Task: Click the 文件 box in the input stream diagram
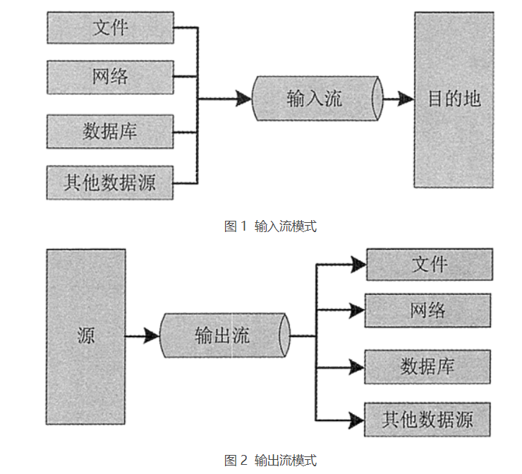pyautogui.click(x=110, y=28)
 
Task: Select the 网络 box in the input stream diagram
pyautogui.click(x=110, y=76)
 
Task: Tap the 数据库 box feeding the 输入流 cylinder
pyautogui.click(x=110, y=130)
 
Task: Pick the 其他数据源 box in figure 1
pyautogui.click(x=110, y=183)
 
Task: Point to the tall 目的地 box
pyautogui.click(x=453, y=99)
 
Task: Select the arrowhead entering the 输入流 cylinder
pyautogui.click(x=244, y=99)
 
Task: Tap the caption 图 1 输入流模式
pyautogui.click(x=270, y=226)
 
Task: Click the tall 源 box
pyautogui.click(x=86, y=335)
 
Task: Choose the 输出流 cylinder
pyautogui.click(x=224, y=336)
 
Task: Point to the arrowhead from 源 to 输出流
pyautogui.click(x=151, y=336)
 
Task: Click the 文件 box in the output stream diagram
pyautogui.click(x=429, y=265)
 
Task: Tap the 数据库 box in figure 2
pyautogui.click(x=427, y=367)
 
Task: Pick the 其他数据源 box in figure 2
pyautogui.click(x=427, y=420)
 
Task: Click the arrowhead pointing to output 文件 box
pyautogui.click(x=358, y=265)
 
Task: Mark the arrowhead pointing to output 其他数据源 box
pyautogui.click(x=356, y=420)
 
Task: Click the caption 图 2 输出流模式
pyautogui.click(x=270, y=461)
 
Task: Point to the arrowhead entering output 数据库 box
pyautogui.click(x=356, y=367)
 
